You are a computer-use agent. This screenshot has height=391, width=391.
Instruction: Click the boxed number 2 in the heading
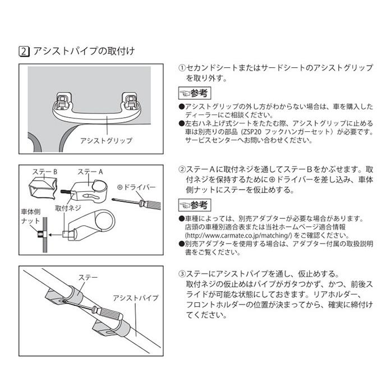coord(24,51)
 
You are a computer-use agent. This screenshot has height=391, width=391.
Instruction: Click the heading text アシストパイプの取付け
coord(84,51)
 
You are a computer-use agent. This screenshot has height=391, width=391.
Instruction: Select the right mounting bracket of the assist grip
coord(133,100)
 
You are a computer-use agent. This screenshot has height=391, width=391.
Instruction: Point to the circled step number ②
coord(182,169)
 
